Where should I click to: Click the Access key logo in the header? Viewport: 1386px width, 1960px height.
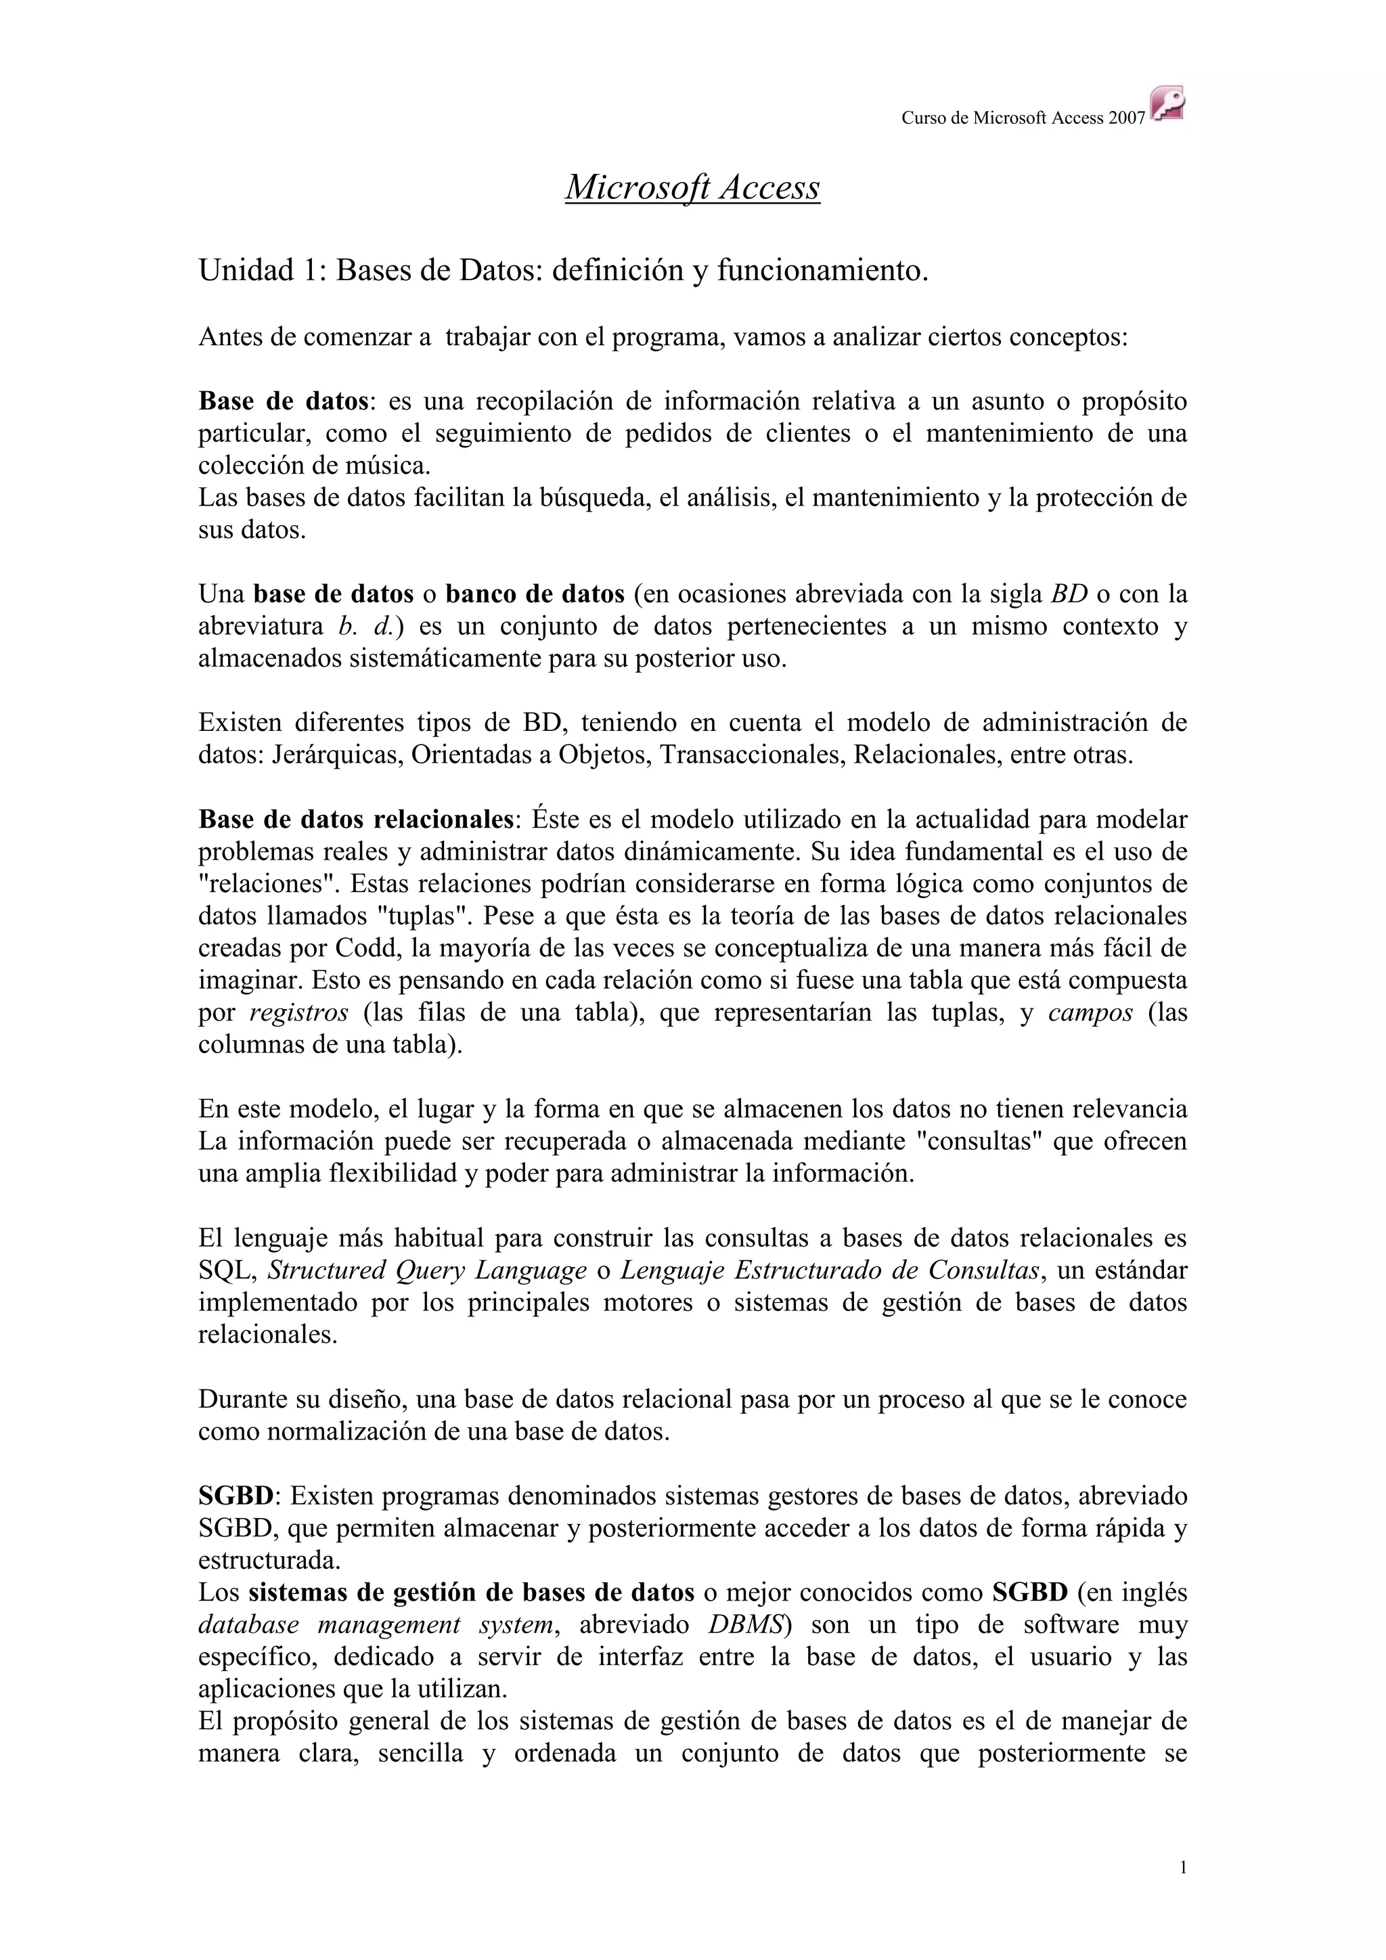(1167, 104)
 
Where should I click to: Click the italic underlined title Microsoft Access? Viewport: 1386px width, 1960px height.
(692, 187)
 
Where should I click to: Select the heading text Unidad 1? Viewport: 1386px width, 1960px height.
(258, 271)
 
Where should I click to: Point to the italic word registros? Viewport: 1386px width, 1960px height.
(298, 1012)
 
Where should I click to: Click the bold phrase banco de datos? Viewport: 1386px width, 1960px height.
(535, 594)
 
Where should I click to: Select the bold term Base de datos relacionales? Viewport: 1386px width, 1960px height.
(357, 820)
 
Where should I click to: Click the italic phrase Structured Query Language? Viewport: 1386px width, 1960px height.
(427, 1270)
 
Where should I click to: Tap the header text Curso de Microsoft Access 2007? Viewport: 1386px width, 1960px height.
(1023, 118)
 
